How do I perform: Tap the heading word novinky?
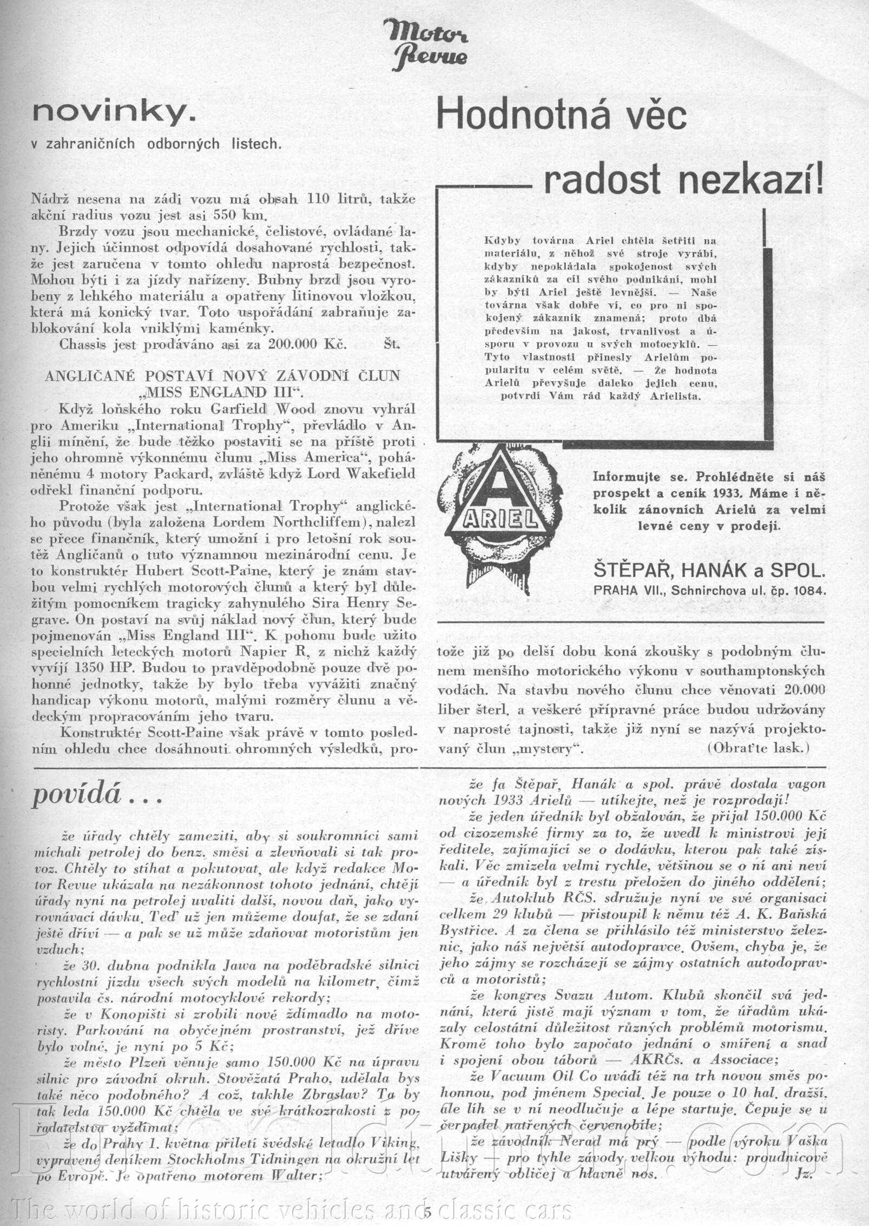pyautogui.click(x=113, y=112)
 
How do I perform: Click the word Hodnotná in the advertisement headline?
pyautogui.click(x=517, y=115)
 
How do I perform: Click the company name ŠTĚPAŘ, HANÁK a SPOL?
pyautogui.click(x=709, y=570)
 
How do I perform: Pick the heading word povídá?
pyautogui.click(x=76, y=795)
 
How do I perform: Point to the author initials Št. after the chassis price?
pyautogui.click(x=391, y=345)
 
